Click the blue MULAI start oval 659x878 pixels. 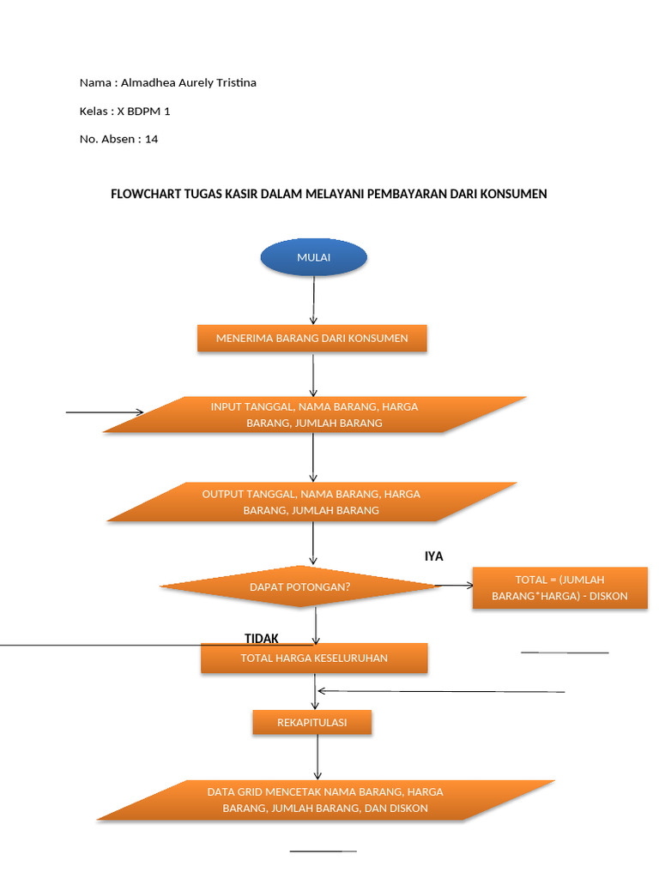pos(313,257)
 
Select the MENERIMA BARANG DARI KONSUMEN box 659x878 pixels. pos(312,338)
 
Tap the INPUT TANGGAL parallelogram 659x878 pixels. pos(314,414)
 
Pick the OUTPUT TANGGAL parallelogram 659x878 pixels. pos(311,502)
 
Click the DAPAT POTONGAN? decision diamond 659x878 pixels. pos(299,586)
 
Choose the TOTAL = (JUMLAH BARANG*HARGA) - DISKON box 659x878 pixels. pos(559,587)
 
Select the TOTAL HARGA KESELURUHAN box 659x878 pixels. pos(314,658)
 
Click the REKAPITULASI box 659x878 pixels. pos(311,723)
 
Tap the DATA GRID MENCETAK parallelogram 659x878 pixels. pos(325,800)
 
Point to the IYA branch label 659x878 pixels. pos(433,556)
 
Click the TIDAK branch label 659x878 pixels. pos(262,639)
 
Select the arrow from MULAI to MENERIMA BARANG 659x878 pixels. pos(314,300)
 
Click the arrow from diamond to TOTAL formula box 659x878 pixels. pos(454,586)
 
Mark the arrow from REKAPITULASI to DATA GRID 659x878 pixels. pos(317,757)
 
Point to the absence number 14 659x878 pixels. pos(151,139)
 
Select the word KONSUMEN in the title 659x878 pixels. pos(516,194)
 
